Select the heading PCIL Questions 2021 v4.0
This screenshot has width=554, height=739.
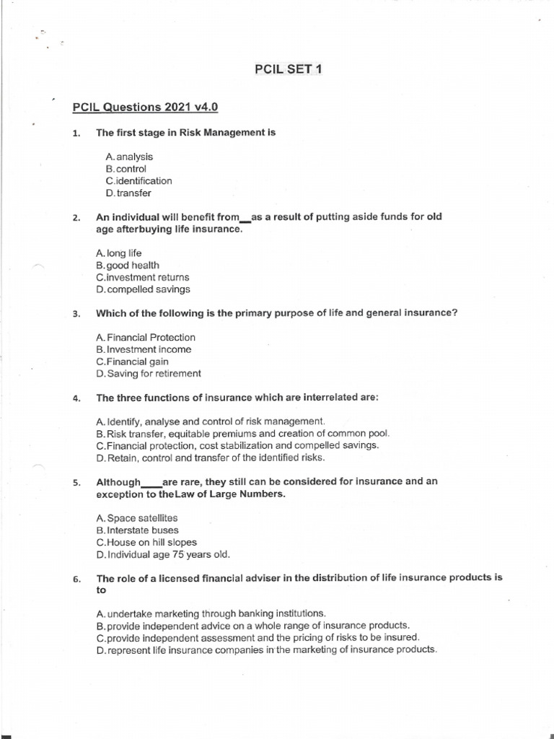click(145, 108)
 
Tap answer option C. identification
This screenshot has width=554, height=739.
click(138, 180)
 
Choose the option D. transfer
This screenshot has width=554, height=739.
click(128, 193)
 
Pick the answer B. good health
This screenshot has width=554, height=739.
click(127, 265)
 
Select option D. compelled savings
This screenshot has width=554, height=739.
click(143, 289)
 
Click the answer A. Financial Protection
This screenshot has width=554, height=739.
click(145, 337)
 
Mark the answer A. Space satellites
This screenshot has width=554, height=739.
click(136, 518)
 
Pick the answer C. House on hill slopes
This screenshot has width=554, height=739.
click(146, 542)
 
